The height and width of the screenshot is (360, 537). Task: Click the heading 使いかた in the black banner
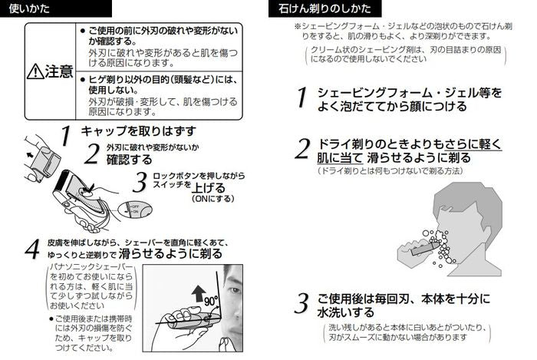tap(29, 8)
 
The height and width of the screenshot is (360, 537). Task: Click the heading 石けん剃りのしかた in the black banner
tap(325, 8)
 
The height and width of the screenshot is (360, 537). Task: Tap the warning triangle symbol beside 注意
tap(35, 72)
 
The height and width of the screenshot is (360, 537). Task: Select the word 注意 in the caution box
tap(59, 71)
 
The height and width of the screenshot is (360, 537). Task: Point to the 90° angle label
tap(211, 301)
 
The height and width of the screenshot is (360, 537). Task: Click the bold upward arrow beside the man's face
tap(199, 293)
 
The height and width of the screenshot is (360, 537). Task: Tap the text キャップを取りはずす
tap(139, 130)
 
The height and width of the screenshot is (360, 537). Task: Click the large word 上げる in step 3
tap(208, 188)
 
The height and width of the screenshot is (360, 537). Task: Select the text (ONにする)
tap(213, 199)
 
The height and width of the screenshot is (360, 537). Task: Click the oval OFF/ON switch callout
tap(134, 210)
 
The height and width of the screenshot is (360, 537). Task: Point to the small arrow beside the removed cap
tap(30, 155)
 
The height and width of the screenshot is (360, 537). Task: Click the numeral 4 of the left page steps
tap(32, 249)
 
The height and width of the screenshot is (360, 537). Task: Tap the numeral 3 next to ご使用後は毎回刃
tap(301, 303)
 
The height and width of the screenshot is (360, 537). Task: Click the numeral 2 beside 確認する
tap(92, 154)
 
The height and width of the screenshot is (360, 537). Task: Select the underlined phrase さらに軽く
tap(473, 144)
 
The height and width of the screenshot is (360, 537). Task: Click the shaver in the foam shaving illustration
tap(424, 249)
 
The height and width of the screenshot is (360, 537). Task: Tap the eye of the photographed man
tap(235, 290)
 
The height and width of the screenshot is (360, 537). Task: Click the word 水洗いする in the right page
tap(346, 312)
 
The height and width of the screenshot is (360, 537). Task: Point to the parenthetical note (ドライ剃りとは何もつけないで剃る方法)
tap(390, 170)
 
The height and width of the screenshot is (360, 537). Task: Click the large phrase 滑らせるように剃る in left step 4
tap(170, 253)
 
